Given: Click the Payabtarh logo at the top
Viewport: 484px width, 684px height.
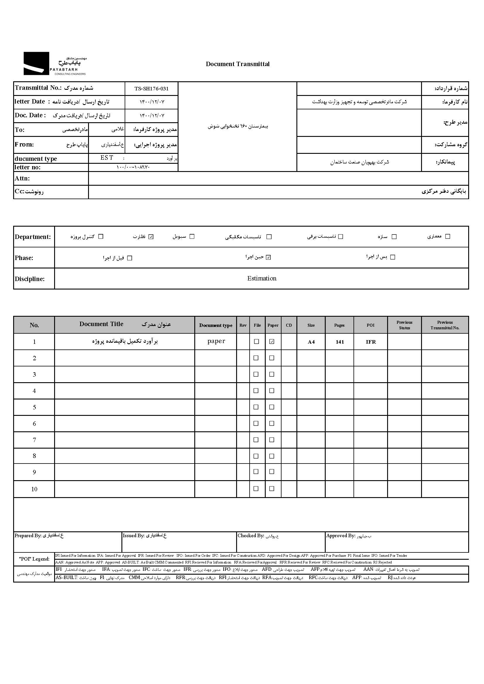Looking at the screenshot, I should (x=55, y=63).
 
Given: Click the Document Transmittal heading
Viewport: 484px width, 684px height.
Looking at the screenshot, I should (x=238, y=64).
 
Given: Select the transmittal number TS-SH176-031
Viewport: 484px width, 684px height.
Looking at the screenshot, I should (x=151, y=89).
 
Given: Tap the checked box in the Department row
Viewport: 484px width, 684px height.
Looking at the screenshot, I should (x=151, y=237).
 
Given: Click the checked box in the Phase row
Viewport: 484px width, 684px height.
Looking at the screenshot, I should (x=268, y=257).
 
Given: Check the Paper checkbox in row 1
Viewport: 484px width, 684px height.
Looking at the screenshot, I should (x=272, y=342).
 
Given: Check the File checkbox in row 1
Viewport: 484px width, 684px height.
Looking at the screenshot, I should (x=256, y=342).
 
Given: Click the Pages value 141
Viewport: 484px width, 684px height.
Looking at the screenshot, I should (x=340, y=342).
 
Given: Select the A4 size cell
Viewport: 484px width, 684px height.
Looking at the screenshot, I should (x=311, y=342).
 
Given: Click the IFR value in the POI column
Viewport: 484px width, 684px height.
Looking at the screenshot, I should (x=371, y=342).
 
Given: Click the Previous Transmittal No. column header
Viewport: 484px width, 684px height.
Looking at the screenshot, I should (x=445, y=325).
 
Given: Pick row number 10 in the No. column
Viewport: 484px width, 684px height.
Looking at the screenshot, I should (x=34, y=489).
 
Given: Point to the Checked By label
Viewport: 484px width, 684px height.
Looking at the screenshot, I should (x=251, y=536).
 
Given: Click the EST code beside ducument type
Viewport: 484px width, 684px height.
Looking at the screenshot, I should (x=107, y=158).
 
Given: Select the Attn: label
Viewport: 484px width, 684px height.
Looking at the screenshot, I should (x=22, y=178).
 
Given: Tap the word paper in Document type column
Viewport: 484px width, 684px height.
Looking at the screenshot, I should (x=216, y=341).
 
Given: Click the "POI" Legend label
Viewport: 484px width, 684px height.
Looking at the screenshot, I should (x=34, y=559).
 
